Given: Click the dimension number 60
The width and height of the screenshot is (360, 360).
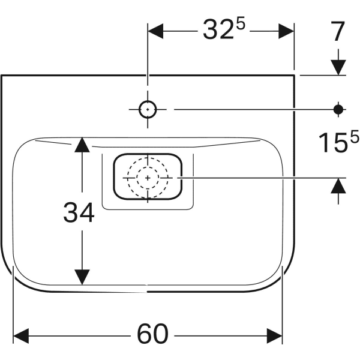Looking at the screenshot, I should (152, 334).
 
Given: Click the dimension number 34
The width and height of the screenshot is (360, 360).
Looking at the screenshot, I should (79, 212).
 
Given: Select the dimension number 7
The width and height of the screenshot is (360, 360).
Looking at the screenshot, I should (338, 31).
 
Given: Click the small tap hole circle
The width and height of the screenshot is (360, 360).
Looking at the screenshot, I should (148, 109).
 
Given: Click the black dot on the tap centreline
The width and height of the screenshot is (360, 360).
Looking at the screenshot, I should (338, 109).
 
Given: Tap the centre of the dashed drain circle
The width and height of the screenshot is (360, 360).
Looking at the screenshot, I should (148, 178).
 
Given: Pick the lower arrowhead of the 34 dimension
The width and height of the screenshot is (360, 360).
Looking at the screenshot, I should (82, 277).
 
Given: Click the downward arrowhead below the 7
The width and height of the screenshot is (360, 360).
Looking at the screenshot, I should (338, 67).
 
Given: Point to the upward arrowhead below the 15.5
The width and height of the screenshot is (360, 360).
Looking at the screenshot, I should (338, 186).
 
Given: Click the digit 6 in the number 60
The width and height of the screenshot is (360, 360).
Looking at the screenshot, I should (145, 334).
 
